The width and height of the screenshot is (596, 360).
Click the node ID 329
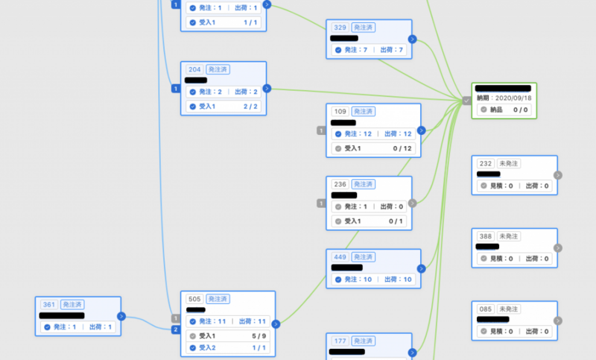[340, 27]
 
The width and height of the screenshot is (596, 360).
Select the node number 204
[195, 69]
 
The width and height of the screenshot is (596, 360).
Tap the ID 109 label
[340, 111]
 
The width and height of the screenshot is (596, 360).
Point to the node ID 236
[340, 184]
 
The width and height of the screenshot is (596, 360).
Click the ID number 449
[340, 257]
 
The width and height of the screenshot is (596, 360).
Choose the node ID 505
[195, 299]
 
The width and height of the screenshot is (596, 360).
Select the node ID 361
[49, 304]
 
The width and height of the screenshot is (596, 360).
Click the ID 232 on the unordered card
[486, 163]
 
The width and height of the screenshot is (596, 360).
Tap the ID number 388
[486, 236]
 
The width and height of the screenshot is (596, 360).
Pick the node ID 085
[486, 309]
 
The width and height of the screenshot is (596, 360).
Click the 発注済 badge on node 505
[218, 299]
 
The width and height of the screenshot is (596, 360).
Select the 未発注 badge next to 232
[509, 163]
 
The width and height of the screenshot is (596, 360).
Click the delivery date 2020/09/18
[514, 98]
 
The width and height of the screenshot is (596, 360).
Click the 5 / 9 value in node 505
[256, 336]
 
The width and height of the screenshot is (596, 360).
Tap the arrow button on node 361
[121, 316]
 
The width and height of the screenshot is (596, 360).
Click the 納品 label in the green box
[497, 110]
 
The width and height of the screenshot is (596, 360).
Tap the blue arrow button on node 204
[267, 88]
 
